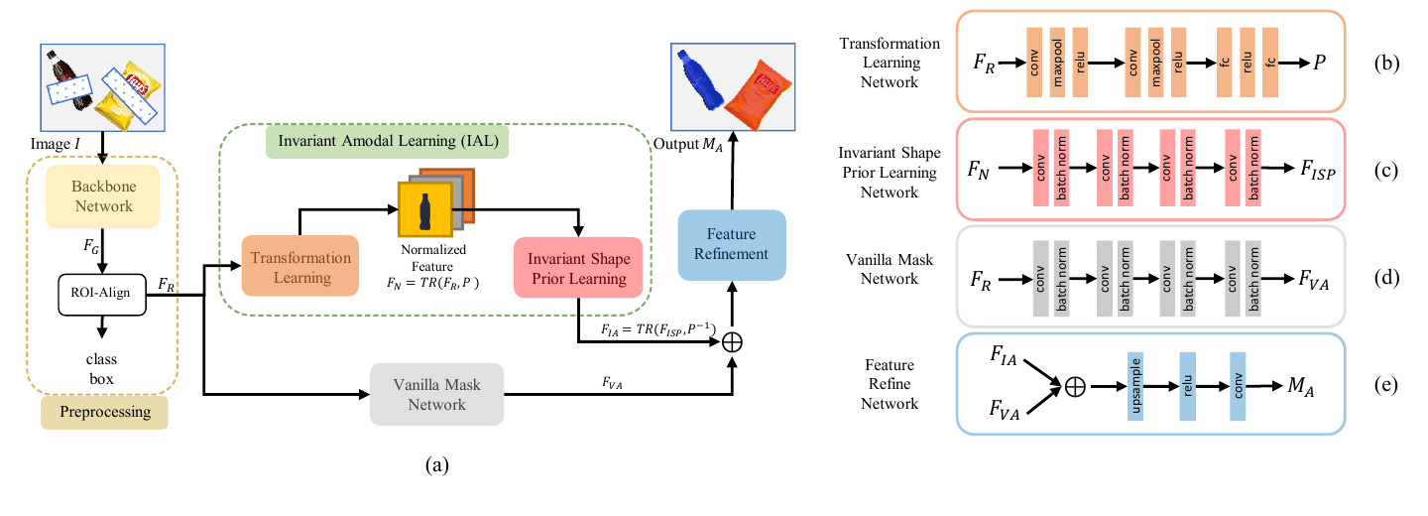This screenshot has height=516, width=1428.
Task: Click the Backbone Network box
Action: click(103, 196)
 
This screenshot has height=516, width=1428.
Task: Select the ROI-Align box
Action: click(102, 295)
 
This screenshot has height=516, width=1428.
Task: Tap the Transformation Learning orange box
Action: click(300, 266)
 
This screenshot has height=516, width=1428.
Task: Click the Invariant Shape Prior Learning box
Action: click(578, 268)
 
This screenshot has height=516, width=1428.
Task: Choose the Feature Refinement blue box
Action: click(732, 245)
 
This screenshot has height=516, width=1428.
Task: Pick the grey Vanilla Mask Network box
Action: click(436, 394)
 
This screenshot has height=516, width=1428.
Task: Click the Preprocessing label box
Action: click(104, 412)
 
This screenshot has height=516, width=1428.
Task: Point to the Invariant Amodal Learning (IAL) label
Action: click(388, 141)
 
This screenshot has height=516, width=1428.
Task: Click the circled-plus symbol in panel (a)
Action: click(732, 342)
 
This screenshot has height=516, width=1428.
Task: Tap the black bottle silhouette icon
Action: click(425, 211)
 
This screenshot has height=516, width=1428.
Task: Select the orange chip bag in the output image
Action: click(758, 93)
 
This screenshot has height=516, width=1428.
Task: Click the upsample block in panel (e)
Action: click(1134, 387)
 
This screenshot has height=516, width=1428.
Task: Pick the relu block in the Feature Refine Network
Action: click(1187, 387)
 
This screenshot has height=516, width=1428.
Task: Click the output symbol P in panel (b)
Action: click(1319, 63)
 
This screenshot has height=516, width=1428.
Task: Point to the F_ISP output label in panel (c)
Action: click(1318, 171)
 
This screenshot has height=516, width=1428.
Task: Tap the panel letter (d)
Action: click(1386, 278)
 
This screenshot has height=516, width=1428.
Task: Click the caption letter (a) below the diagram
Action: click(437, 465)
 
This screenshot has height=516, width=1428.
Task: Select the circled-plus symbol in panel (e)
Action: click(1075, 387)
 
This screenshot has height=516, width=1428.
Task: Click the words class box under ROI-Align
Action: click(101, 369)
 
